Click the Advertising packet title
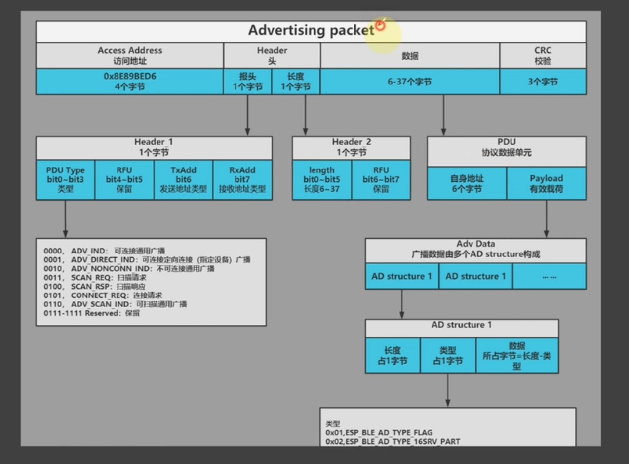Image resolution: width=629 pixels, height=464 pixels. [x=311, y=30]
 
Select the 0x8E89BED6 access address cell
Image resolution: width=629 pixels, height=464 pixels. [x=130, y=82]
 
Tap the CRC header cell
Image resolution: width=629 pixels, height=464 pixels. [x=543, y=56]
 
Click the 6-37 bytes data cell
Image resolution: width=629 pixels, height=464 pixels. [x=410, y=82]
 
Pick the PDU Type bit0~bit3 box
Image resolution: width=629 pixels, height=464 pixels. [x=66, y=179]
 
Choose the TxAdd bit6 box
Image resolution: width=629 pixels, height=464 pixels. [x=183, y=179]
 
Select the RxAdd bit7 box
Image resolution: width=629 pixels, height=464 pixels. [x=242, y=179]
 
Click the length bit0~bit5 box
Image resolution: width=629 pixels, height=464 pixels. [x=322, y=179]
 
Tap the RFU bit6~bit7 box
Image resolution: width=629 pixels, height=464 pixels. [x=381, y=179]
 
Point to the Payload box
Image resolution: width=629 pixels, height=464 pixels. [x=547, y=183]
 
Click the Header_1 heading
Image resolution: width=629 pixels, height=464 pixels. [x=154, y=142]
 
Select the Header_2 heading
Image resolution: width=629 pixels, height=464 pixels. [x=352, y=142]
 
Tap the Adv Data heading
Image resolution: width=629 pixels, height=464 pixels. [x=475, y=244]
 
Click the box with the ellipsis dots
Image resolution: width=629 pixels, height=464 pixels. [x=549, y=276]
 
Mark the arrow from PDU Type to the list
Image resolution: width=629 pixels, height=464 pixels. [x=66, y=219]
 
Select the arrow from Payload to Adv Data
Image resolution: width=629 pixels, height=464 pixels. [x=546, y=219]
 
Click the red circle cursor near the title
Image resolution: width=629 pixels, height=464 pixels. [x=380, y=25]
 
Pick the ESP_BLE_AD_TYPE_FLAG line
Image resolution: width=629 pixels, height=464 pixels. [x=379, y=432]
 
